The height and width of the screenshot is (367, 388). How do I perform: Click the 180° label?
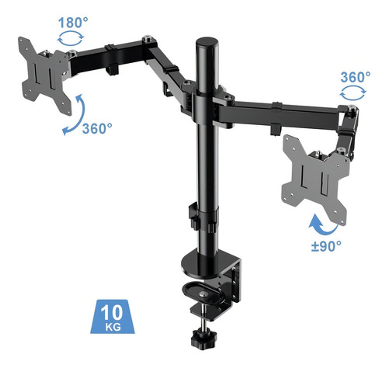click(73, 23)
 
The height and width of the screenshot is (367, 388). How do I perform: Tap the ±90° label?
click(326, 246)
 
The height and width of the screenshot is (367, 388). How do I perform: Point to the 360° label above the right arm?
click(355, 77)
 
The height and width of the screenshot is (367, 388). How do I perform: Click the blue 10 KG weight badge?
click(113, 317)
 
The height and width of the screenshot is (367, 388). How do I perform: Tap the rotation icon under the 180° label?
click(71, 38)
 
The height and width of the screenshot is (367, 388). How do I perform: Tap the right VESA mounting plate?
click(315, 179)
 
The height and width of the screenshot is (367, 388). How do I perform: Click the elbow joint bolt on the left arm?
click(147, 39)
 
